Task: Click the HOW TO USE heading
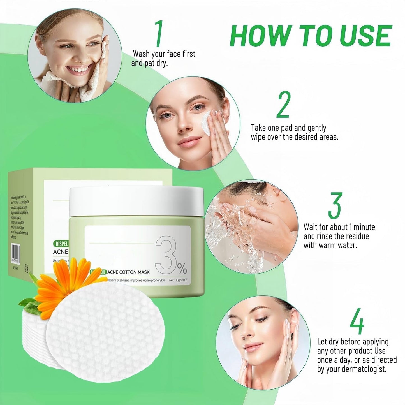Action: point(311,36)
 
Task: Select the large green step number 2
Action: point(283,105)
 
